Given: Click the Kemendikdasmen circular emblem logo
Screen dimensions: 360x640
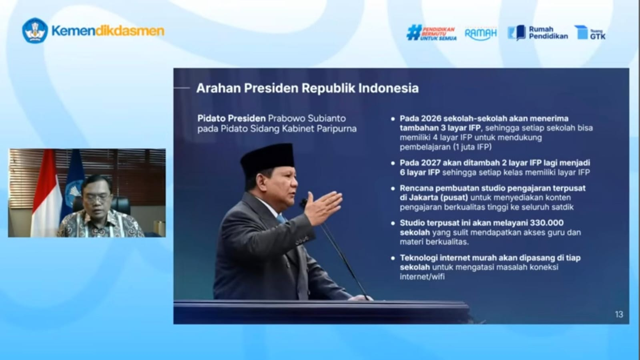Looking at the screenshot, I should pyautogui.click(x=35, y=31).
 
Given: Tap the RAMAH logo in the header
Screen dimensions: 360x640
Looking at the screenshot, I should pyautogui.click(x=480, y=33).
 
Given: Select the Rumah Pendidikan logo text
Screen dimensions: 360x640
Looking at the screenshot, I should pyautogui.click(x=548, y=33).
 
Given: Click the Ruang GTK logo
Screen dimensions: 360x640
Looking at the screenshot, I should pyautogui.click(x=590, y=33).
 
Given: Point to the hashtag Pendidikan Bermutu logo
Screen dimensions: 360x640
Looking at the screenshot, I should pyautogui.click(x=431, y=33).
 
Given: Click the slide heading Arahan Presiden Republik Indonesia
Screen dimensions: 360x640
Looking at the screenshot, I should pyautogui.click(x=307, y=88).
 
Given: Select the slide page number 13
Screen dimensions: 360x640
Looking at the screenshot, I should pyautogui.click(x=619, y=314).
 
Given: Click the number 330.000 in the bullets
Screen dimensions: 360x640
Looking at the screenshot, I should pyautogui.click(x=546, y=223).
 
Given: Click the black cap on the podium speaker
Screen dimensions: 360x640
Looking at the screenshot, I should pyautogui.click(x=267, y=158).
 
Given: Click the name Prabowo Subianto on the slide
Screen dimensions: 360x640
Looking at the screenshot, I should pyautogui.click(x=307, y=119).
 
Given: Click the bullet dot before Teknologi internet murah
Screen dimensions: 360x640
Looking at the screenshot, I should pyautogui.click(x=393, y=258).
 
